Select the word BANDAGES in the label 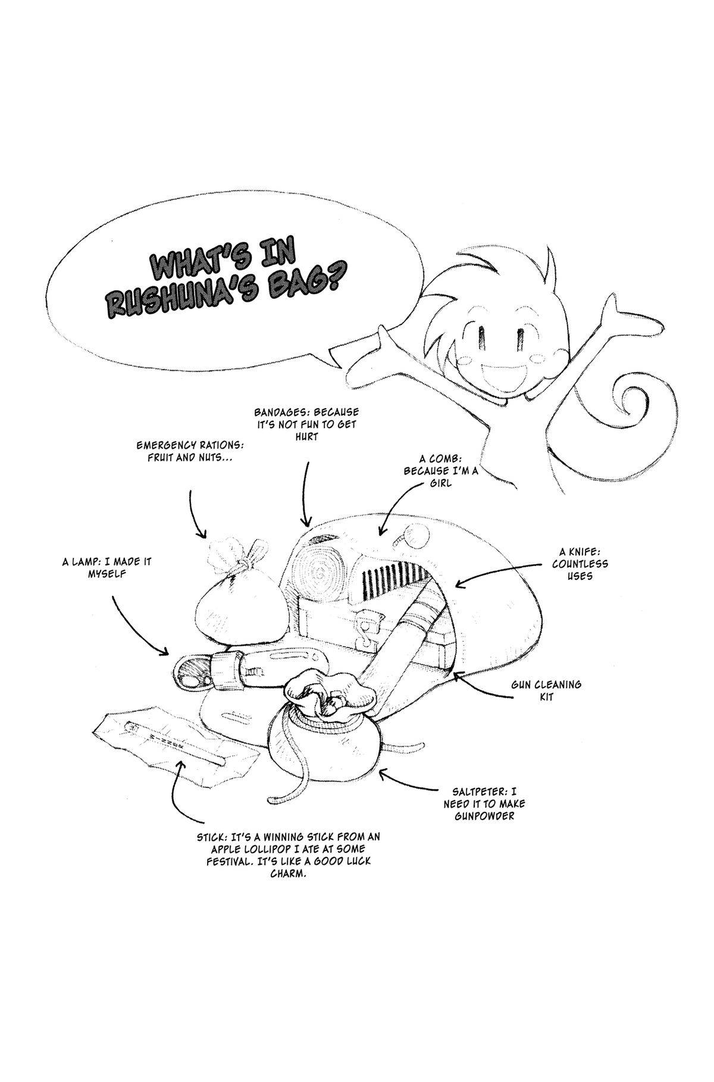click(280, 412)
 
